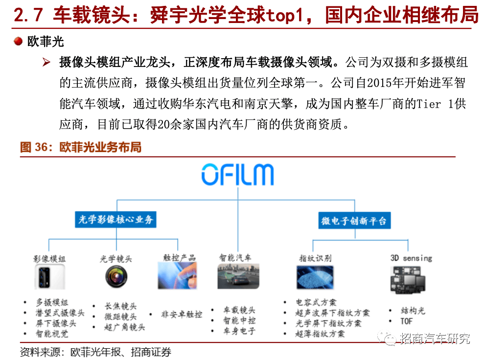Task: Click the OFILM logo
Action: point(238,175)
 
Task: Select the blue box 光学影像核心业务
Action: point(116,220)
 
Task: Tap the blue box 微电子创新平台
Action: point(354,221)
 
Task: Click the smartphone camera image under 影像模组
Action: point(49,277)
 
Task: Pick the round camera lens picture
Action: point(116,277)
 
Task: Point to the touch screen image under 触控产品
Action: point(177,276)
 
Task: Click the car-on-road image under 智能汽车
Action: point(238,276)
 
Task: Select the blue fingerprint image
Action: point(315,278)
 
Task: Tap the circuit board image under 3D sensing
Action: point(408,280)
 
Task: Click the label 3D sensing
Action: point(411,258)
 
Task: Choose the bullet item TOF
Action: point(406,321)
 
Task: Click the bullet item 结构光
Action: point(413,311)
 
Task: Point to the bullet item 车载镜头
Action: point(239,310)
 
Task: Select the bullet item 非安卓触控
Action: point(182,315)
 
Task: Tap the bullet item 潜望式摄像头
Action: point(60,313)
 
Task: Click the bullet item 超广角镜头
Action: point(125,327)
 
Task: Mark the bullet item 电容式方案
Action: point(316,302)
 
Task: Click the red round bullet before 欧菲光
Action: point(18,41)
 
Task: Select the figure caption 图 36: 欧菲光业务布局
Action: point(81,147)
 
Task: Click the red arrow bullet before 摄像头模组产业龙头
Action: point(46,62)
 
